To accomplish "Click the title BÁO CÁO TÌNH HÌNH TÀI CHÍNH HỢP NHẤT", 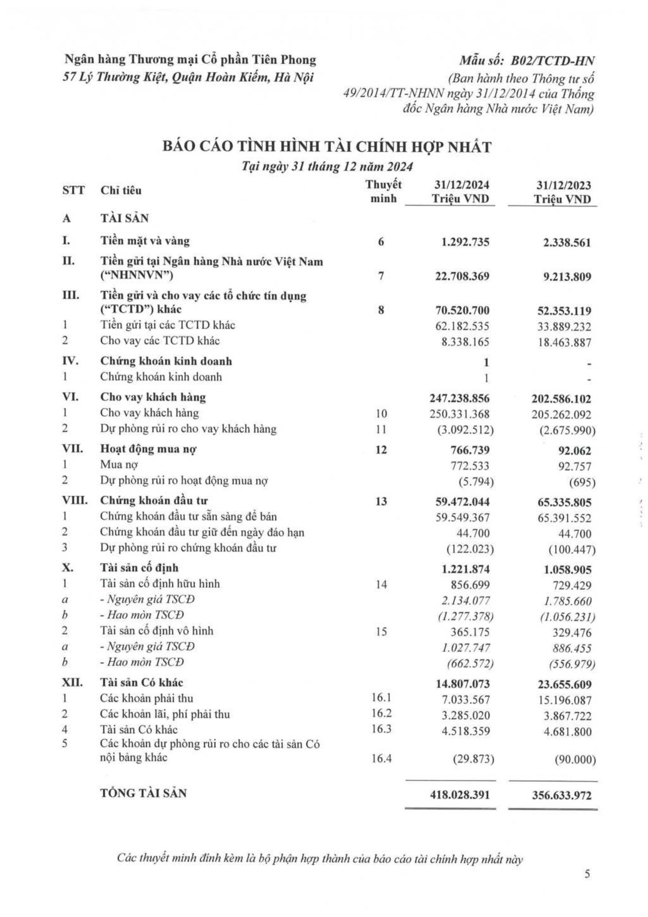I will [327, 147].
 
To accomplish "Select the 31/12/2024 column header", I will [461, 192].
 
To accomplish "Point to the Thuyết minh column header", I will [383, 191].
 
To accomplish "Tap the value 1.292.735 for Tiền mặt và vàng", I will [465, 242].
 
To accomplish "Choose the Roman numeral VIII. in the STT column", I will [74, 501].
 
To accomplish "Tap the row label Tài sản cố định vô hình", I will [157, 631].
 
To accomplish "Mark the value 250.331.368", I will [460, 414].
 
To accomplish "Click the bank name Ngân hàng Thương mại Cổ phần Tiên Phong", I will [190, 60].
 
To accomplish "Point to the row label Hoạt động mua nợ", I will [148, 449].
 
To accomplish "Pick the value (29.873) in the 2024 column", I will [473, 759].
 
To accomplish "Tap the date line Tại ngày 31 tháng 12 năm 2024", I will [327, 166].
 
